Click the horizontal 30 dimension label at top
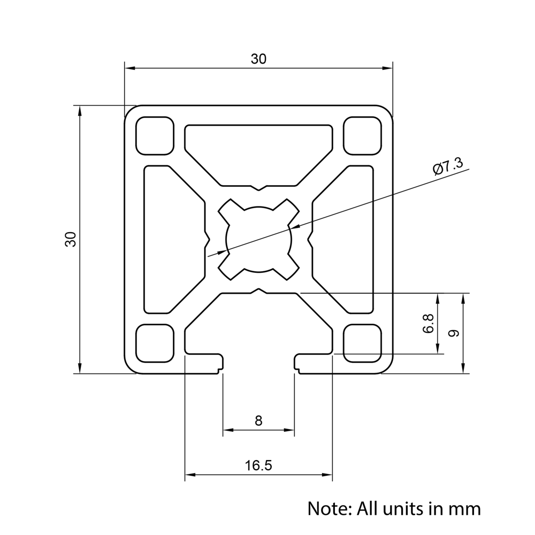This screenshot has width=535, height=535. pos(258,59)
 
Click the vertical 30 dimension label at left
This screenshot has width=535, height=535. pos(71,239)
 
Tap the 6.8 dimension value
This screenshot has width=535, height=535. pos(428,324)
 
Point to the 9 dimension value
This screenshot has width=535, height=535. pos(453,333)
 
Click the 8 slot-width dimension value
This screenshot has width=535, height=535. pos(258,421)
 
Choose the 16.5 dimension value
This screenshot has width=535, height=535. pos(258,465)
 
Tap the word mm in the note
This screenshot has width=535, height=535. pos(464,508)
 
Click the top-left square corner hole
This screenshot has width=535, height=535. pos(155,135)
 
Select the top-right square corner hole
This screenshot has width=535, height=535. pos(363,135)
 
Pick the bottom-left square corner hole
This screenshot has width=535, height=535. pos(155,343)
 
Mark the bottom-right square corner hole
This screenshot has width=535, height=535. pos(363,343)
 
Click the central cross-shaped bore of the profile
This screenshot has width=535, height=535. pos(258,239)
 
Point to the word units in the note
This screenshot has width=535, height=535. pos(409,508)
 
